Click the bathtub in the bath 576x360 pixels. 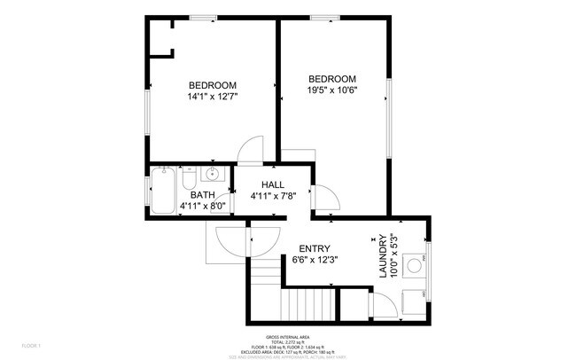click(x=162, y=191)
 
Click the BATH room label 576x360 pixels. click(x=203, y=195)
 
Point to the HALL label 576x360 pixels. click(x=272, y=184)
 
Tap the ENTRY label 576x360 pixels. click(x=315, y=248)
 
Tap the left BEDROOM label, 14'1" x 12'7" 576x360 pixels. click(x=212, y=85)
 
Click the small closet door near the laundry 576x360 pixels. click(x=382, y=307)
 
